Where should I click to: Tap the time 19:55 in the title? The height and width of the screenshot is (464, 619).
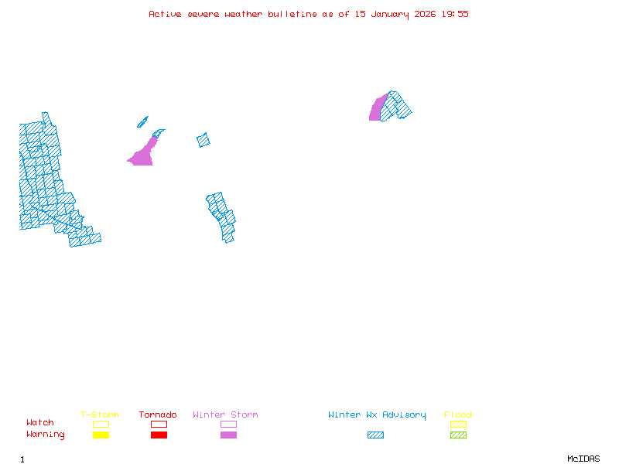click(455, 14)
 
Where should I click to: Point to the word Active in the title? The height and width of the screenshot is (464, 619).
click(165, 14)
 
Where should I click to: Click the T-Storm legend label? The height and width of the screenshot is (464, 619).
click(100, 415)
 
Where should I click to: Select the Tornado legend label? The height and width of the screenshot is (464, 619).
click(158, 415)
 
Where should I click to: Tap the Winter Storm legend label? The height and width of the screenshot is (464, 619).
click(225, 415)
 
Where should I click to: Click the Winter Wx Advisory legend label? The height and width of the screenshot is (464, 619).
click(377, 415)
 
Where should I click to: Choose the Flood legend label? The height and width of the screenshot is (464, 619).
click(458, 415)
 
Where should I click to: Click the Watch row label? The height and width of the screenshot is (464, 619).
click(40, 423)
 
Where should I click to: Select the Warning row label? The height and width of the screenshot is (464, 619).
click(46, 435)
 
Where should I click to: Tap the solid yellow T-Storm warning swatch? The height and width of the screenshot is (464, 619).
click(101, 435)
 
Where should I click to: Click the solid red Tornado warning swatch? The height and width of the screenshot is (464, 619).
click(159, 435)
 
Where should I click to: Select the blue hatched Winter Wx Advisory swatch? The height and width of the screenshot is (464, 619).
click(375, 435)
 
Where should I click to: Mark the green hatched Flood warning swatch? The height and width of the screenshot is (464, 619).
click(458, 435)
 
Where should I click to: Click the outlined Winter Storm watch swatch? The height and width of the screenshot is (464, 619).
click(228, 424)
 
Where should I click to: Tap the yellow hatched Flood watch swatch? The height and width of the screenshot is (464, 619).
click(458, 424)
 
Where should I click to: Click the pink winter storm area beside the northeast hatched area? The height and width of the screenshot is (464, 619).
click(376, 111)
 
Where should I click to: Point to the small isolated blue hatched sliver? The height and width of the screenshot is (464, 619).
click(142, 121)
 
